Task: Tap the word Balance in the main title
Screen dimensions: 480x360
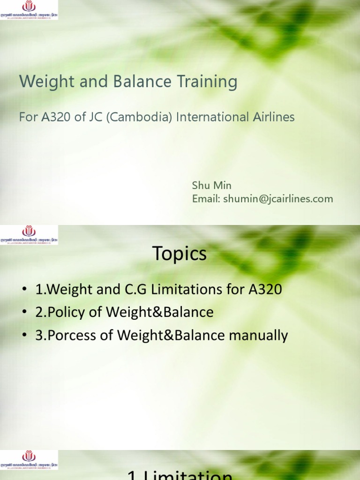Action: [133, 82]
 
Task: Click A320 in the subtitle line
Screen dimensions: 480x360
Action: [55, 117]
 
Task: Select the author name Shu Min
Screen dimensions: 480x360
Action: [212, 186]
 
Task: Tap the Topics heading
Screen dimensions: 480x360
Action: [180, 254]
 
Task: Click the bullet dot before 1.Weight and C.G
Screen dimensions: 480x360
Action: [24, 290]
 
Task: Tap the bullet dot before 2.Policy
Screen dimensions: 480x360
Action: [24, 313]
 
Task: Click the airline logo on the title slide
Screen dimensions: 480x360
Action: [29, 10]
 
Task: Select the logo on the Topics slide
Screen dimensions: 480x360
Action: [29, 234]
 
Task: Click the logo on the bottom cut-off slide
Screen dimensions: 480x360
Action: [29, 460]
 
